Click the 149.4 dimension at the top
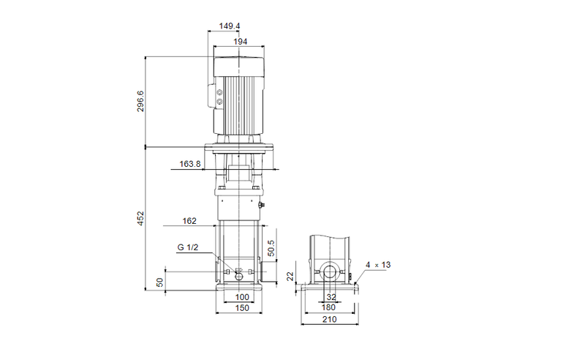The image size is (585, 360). coord(230,26)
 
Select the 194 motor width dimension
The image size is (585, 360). coord(240,42)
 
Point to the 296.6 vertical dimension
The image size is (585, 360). coord(140,101)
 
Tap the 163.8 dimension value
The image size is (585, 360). coord(189,165)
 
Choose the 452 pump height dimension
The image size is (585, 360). coord(140,217)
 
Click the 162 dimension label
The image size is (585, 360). coord(189,220)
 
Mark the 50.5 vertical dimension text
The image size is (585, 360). coord(272,248)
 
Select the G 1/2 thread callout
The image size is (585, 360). coord(186,248)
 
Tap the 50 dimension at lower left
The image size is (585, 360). coord(159,282)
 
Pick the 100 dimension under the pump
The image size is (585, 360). coord(242,297)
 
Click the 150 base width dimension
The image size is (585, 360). coord(242,308)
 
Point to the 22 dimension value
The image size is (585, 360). coord(290,276)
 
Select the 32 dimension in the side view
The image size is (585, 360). coord(331,297)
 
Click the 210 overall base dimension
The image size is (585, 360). coord(330,320)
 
